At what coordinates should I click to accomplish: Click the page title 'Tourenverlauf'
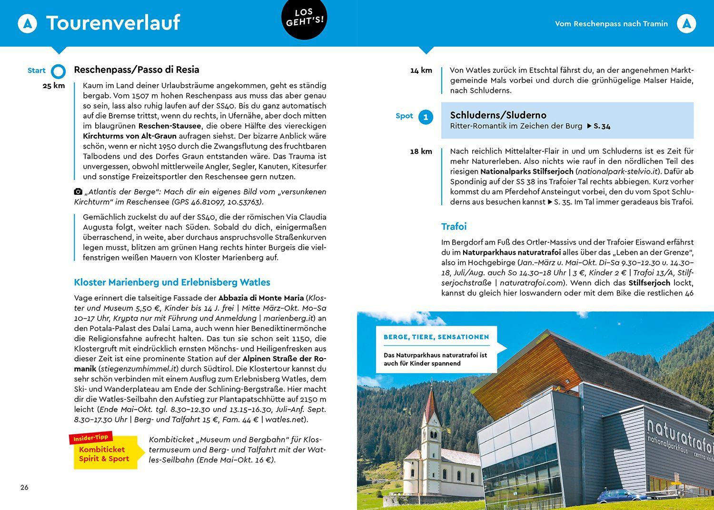pos(113,23)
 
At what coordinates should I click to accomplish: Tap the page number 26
pos(24,487)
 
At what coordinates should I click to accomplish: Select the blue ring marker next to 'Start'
pos(58,71)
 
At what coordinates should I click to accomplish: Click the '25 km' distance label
pos(53,86)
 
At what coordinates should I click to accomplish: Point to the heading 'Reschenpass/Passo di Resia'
pos(136,70)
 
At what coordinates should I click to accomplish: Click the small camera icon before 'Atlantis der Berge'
pos(78,192)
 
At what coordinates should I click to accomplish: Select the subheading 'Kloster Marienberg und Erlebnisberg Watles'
pos(172,282)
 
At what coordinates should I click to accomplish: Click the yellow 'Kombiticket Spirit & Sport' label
pos(104,454)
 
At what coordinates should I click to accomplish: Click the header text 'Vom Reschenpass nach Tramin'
pos(611,24)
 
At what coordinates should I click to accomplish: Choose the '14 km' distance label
pos(421,70)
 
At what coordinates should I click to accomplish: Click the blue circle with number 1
pos(426,117)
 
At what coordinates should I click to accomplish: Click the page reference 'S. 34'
pos(601,126)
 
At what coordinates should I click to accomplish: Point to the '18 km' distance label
pos(421,151)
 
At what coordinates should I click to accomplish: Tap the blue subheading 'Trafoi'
pos(454,227)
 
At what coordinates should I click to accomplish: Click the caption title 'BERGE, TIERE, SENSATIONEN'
pos(436,337)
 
